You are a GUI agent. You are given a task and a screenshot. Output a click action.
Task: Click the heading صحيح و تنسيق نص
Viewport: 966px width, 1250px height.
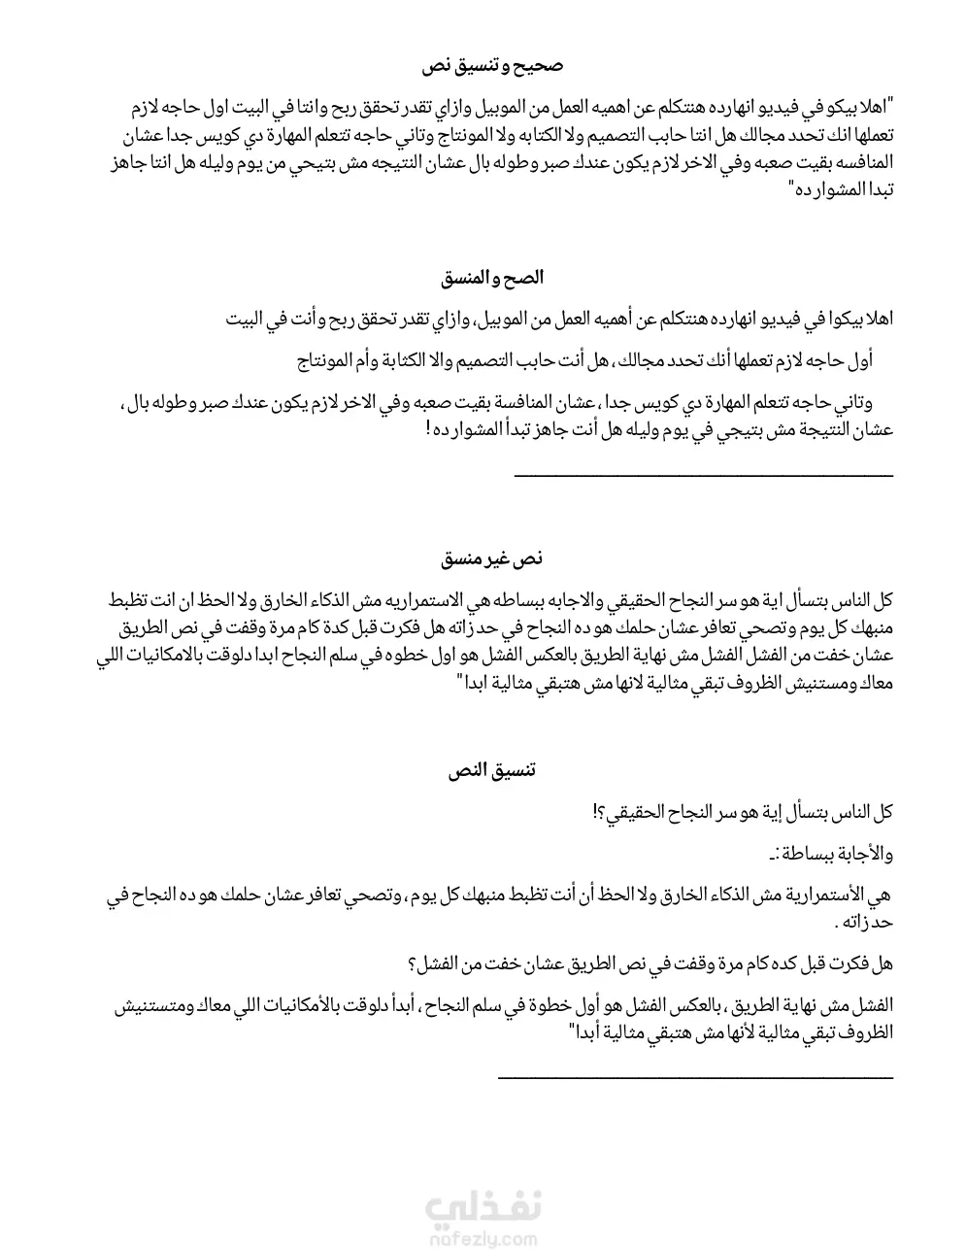pyautogui.click(x=492, y=67)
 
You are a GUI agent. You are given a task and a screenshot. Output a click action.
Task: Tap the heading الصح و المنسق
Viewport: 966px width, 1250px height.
pyautogui.click(x=492, y=278)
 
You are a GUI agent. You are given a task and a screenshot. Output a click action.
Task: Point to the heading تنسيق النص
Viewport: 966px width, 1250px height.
pyautogui.click(x=492, y=770)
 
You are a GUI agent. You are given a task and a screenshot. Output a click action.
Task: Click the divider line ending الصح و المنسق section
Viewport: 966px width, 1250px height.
pyautogui.click(x=702, y=475)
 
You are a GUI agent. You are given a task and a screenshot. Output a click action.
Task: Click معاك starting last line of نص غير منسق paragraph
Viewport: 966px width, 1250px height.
pyautogui.click(x=874, y=684)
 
